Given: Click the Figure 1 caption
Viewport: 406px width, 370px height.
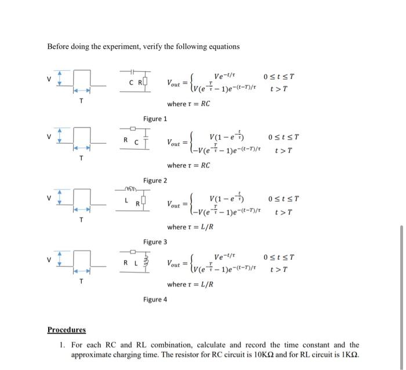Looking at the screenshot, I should point(155,119).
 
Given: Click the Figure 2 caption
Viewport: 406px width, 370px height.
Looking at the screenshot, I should point(155,181).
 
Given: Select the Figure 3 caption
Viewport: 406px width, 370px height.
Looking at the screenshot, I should point(155,242).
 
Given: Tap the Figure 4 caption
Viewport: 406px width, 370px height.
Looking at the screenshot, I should point(155,299).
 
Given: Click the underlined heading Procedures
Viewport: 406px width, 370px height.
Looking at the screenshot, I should point(66,330).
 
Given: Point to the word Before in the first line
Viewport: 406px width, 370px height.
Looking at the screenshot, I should point(59,46).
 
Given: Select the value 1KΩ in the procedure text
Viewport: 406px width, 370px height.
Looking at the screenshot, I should point(347,354).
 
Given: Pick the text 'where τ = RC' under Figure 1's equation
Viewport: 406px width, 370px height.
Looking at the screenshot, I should point(188,104).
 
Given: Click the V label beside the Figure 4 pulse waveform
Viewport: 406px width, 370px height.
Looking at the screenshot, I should point(50,259).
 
